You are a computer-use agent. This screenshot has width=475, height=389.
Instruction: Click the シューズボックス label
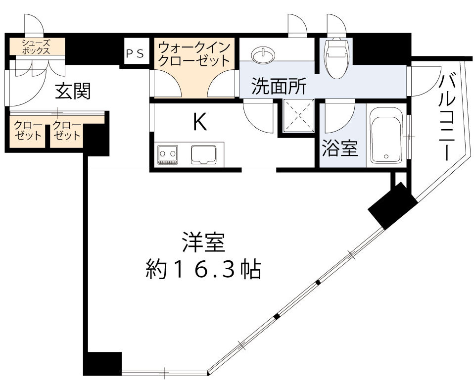click(x=35, y=47)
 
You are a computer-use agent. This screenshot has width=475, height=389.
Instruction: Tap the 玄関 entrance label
click(x=73, y=91)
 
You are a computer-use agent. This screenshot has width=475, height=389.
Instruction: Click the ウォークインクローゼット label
click(x=194, y=54)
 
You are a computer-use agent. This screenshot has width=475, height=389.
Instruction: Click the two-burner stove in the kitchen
click(x=167, y=155)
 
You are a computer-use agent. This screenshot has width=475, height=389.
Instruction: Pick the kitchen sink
click(x=207, y=155)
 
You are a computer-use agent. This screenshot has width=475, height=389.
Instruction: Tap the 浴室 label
click(x=340, y=147)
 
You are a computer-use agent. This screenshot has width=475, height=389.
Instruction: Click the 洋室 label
click(x=203, y=243)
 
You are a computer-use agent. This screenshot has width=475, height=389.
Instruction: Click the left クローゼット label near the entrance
click(x=26, y=130)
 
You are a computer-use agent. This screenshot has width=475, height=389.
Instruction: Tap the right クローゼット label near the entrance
click(x=66, y=130)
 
